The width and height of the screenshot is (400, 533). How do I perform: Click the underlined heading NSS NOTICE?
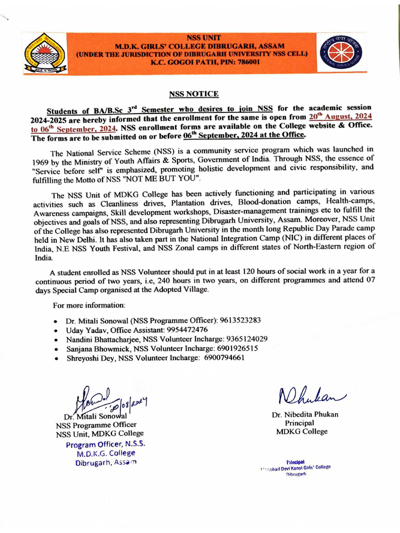pyautogui.click(x=194, y=94)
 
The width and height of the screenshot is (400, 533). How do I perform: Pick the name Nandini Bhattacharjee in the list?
pyautogui.click(x=103, y=339)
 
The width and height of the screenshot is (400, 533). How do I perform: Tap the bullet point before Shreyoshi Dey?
pyautogui.click(x=56, y=358)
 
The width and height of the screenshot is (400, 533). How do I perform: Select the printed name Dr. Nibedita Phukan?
pyautogui.click(x=305, y=414)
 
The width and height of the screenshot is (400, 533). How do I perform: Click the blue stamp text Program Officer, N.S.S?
pyautogui.click(x=105, y=444)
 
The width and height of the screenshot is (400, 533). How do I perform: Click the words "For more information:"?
pyautogui.click(x=89, y=304)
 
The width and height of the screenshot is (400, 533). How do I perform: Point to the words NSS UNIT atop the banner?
pyautogui.click(x=204, y=37)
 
